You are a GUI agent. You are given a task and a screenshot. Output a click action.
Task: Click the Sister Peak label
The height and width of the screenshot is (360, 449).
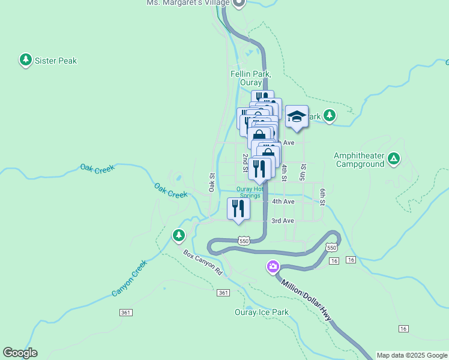coord(56,61)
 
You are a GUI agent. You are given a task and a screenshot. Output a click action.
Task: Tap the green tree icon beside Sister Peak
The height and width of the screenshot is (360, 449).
coord(25,60)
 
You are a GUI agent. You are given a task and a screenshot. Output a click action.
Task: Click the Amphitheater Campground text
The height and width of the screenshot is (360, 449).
coord(359,160)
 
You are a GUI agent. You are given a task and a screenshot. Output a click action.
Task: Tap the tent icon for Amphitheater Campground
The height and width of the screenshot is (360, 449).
coord(393,159)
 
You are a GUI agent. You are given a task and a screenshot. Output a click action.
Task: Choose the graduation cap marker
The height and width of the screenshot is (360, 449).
coord(297,116)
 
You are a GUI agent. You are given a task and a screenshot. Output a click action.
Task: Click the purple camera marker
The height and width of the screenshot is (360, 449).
coord(273,266)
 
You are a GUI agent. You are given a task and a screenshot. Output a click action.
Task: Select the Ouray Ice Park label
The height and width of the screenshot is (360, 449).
coord(261,312)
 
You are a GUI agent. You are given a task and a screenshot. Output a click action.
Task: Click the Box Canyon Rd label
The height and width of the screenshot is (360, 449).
coord(203,263)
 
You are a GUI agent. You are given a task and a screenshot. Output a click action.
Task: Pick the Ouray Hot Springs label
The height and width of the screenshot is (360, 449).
coord(249,192)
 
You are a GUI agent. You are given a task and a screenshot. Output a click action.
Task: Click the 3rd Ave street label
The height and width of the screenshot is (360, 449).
coord(282,221)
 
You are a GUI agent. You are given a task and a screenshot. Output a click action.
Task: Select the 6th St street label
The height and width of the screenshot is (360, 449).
coord(322,196)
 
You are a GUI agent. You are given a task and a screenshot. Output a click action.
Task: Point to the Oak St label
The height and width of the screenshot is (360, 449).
coord(212,182)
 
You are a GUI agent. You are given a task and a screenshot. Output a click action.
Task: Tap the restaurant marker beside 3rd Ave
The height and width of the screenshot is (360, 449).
coord(238,209)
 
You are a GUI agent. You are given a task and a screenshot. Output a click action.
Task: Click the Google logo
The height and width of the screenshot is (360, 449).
coord(20,353)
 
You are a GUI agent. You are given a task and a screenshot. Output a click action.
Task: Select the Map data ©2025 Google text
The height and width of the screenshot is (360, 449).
coord(411,355)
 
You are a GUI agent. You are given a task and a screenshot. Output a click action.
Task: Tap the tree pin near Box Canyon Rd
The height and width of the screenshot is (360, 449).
coord(178,236)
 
